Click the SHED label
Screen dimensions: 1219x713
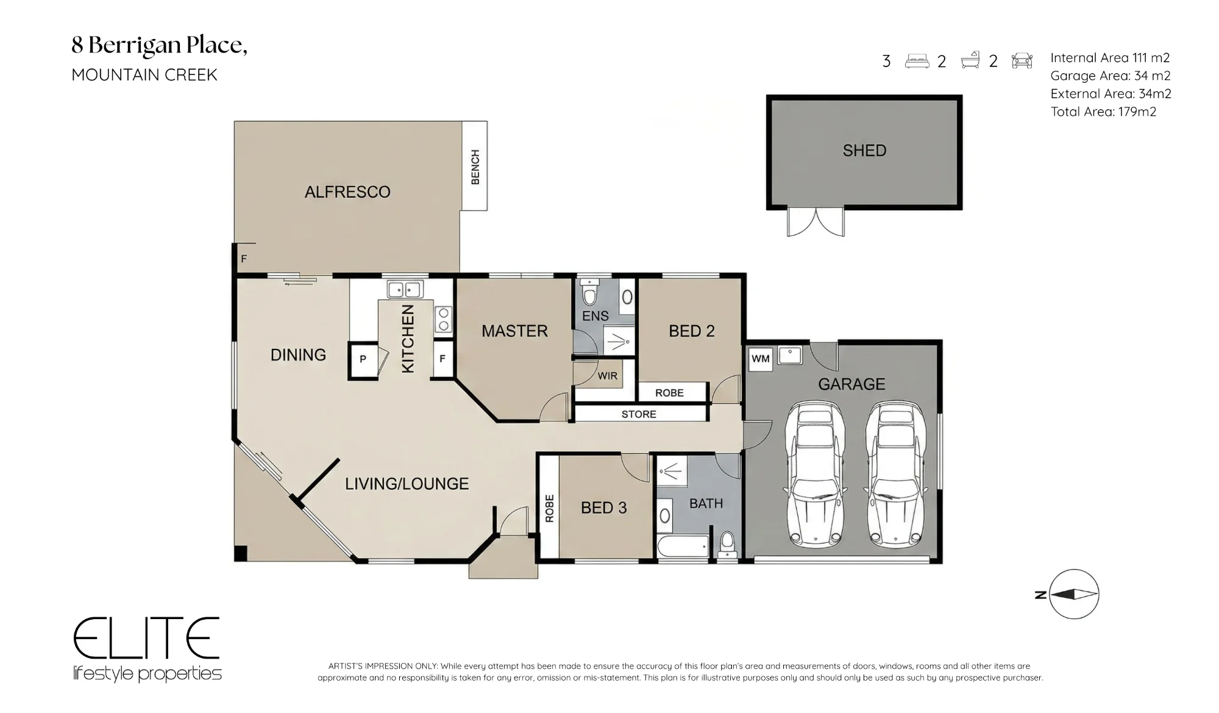(864, 151)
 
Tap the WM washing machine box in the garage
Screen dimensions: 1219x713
(760, 359)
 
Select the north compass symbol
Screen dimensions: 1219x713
(1073, 594)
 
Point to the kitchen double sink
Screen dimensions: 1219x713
(405, 288)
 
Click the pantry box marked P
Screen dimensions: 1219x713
(363, 360)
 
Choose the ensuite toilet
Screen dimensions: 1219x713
(589, 292)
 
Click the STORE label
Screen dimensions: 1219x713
(639, 414)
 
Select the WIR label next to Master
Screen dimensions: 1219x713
(607, 376)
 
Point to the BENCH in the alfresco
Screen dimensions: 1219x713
(474, 166)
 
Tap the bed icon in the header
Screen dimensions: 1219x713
(917, 61)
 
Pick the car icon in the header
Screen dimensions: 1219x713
(1022, 60)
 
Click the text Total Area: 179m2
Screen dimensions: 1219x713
(1103, 112)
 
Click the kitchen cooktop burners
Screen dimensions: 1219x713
(444, 319)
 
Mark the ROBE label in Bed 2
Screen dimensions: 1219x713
(669, 393)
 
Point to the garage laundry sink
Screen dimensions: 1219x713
(790, 355)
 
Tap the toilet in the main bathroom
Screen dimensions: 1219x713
(727, 545)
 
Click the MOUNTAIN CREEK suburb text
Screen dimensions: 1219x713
(144, 75)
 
